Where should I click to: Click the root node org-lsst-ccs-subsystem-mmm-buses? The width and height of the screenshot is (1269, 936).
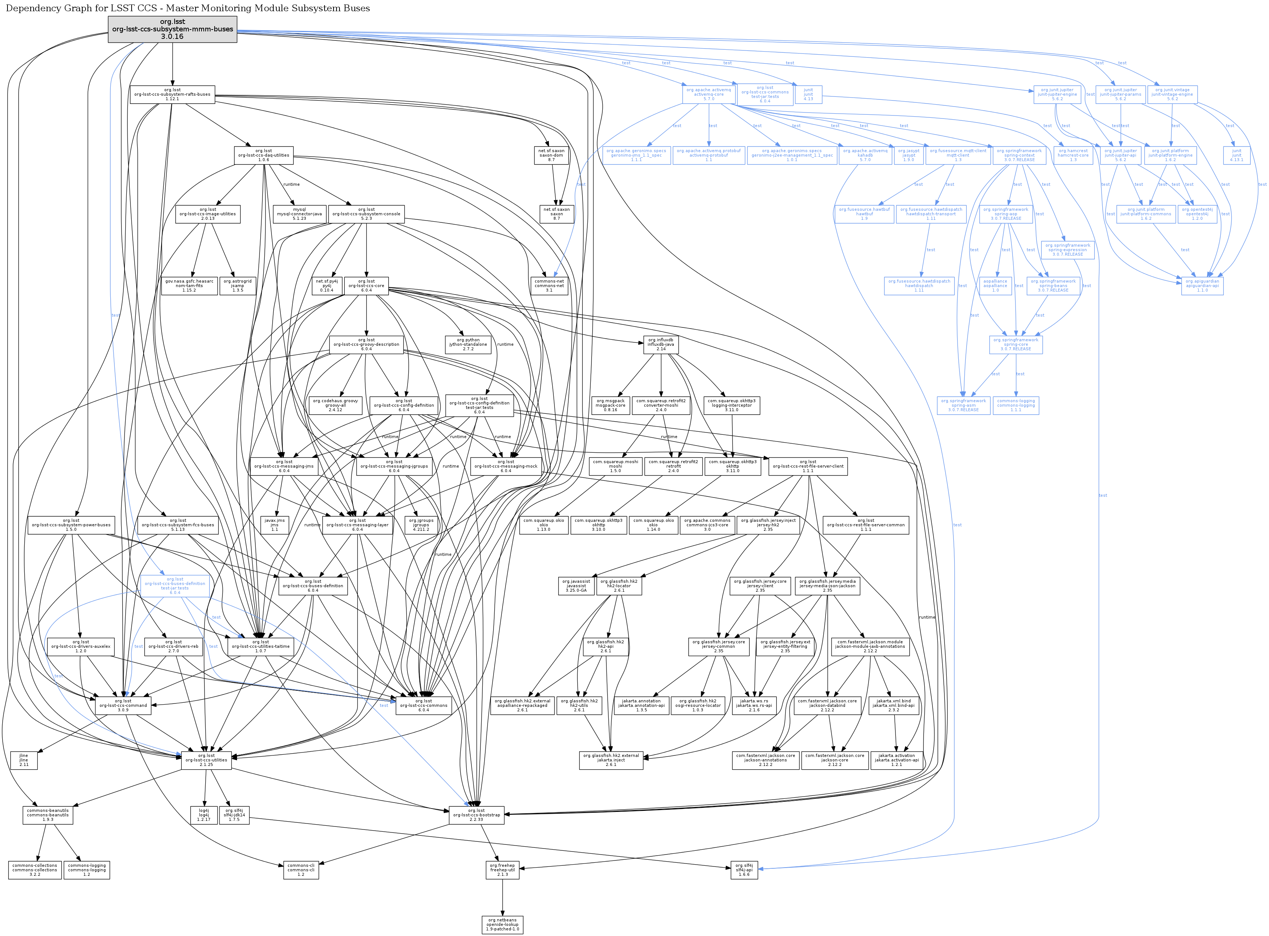pos(172,29)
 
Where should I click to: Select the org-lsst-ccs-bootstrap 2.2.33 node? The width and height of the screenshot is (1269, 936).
pos(476,815)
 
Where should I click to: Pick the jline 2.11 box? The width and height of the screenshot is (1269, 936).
pos(24,760)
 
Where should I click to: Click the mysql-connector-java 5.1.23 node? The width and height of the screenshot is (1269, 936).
pos(299,213)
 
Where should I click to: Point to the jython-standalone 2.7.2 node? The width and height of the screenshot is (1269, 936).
pos(468,345)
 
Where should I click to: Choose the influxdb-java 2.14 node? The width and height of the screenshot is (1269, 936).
pos(661,345)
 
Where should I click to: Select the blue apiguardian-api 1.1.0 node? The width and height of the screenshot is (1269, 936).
pos(1202,286)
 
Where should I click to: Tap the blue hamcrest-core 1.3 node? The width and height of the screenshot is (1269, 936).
pos(1073,155)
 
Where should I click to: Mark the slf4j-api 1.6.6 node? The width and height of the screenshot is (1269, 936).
pos(744,870)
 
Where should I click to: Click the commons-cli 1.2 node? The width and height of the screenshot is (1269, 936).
pos(301,870)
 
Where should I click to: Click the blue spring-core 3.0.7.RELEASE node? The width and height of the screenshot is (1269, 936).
pos(1015,345)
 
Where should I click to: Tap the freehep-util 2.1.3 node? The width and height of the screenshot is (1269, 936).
pos(502,870)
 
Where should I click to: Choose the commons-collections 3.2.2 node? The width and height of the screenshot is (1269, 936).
pos(34,870)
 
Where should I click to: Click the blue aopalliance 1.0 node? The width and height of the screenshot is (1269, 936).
pos(995,286)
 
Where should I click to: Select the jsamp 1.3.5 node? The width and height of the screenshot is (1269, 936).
pos(237,286)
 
